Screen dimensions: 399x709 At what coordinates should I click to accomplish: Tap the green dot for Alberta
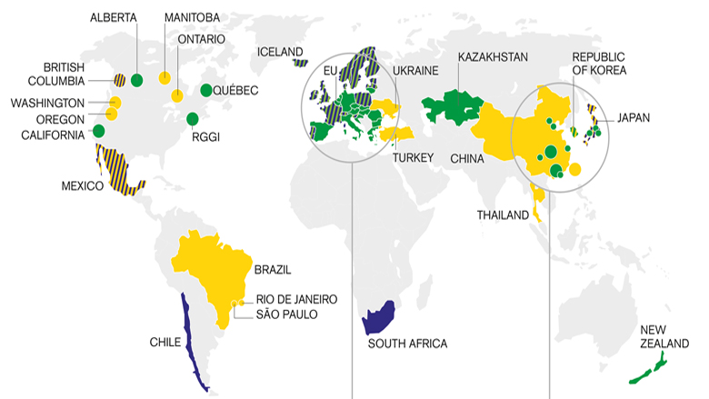tap(136, 79)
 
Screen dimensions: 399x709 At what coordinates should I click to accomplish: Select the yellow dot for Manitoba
tap(165, 77)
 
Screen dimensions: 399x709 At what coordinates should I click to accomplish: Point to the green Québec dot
tap(206, 89)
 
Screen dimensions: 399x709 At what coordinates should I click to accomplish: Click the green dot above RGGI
tap(192, 118)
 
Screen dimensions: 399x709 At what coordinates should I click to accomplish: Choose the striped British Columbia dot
tap(119, 79)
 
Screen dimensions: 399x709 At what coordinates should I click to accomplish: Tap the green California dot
tap(98, 131)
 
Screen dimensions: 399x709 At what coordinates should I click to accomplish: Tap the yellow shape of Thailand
tap(537, 199)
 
